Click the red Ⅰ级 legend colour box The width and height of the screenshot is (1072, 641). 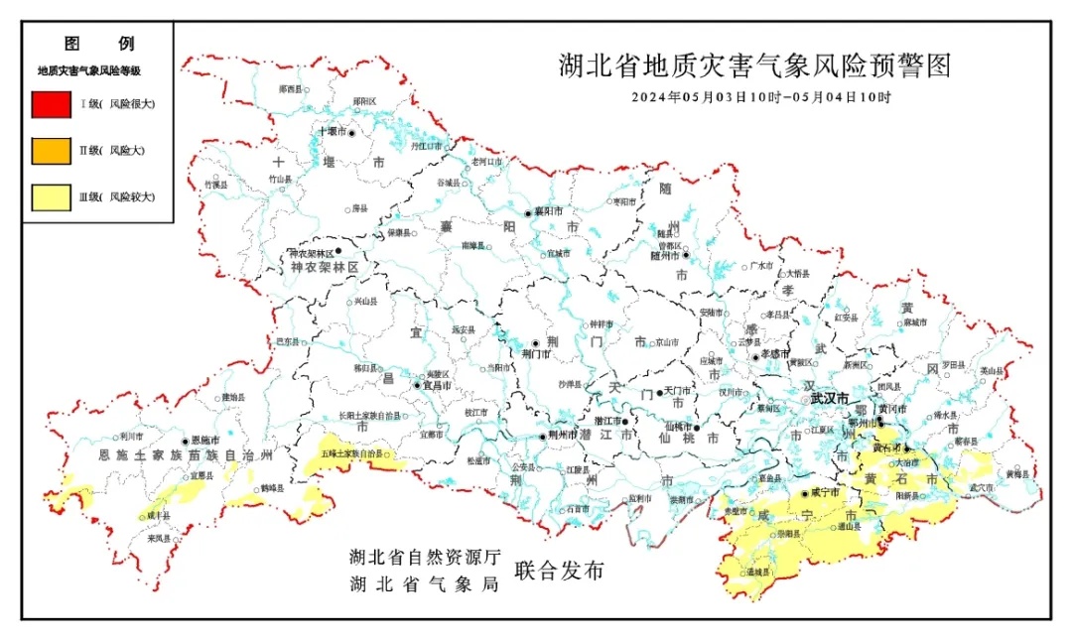click(x=51, y=103)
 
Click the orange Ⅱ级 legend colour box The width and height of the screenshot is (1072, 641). click(x=51, y=150)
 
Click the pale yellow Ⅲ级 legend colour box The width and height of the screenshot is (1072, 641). click(x=51, y=196)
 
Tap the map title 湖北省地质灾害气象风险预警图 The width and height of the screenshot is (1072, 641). click(x=755, y=66)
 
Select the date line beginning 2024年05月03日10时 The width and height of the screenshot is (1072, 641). click(x=761, y=97)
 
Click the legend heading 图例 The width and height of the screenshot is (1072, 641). click(x=98, y=44)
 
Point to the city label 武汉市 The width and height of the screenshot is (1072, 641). click(x=829, y=398)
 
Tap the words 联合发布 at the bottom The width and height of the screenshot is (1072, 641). click(x=559, y=572)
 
